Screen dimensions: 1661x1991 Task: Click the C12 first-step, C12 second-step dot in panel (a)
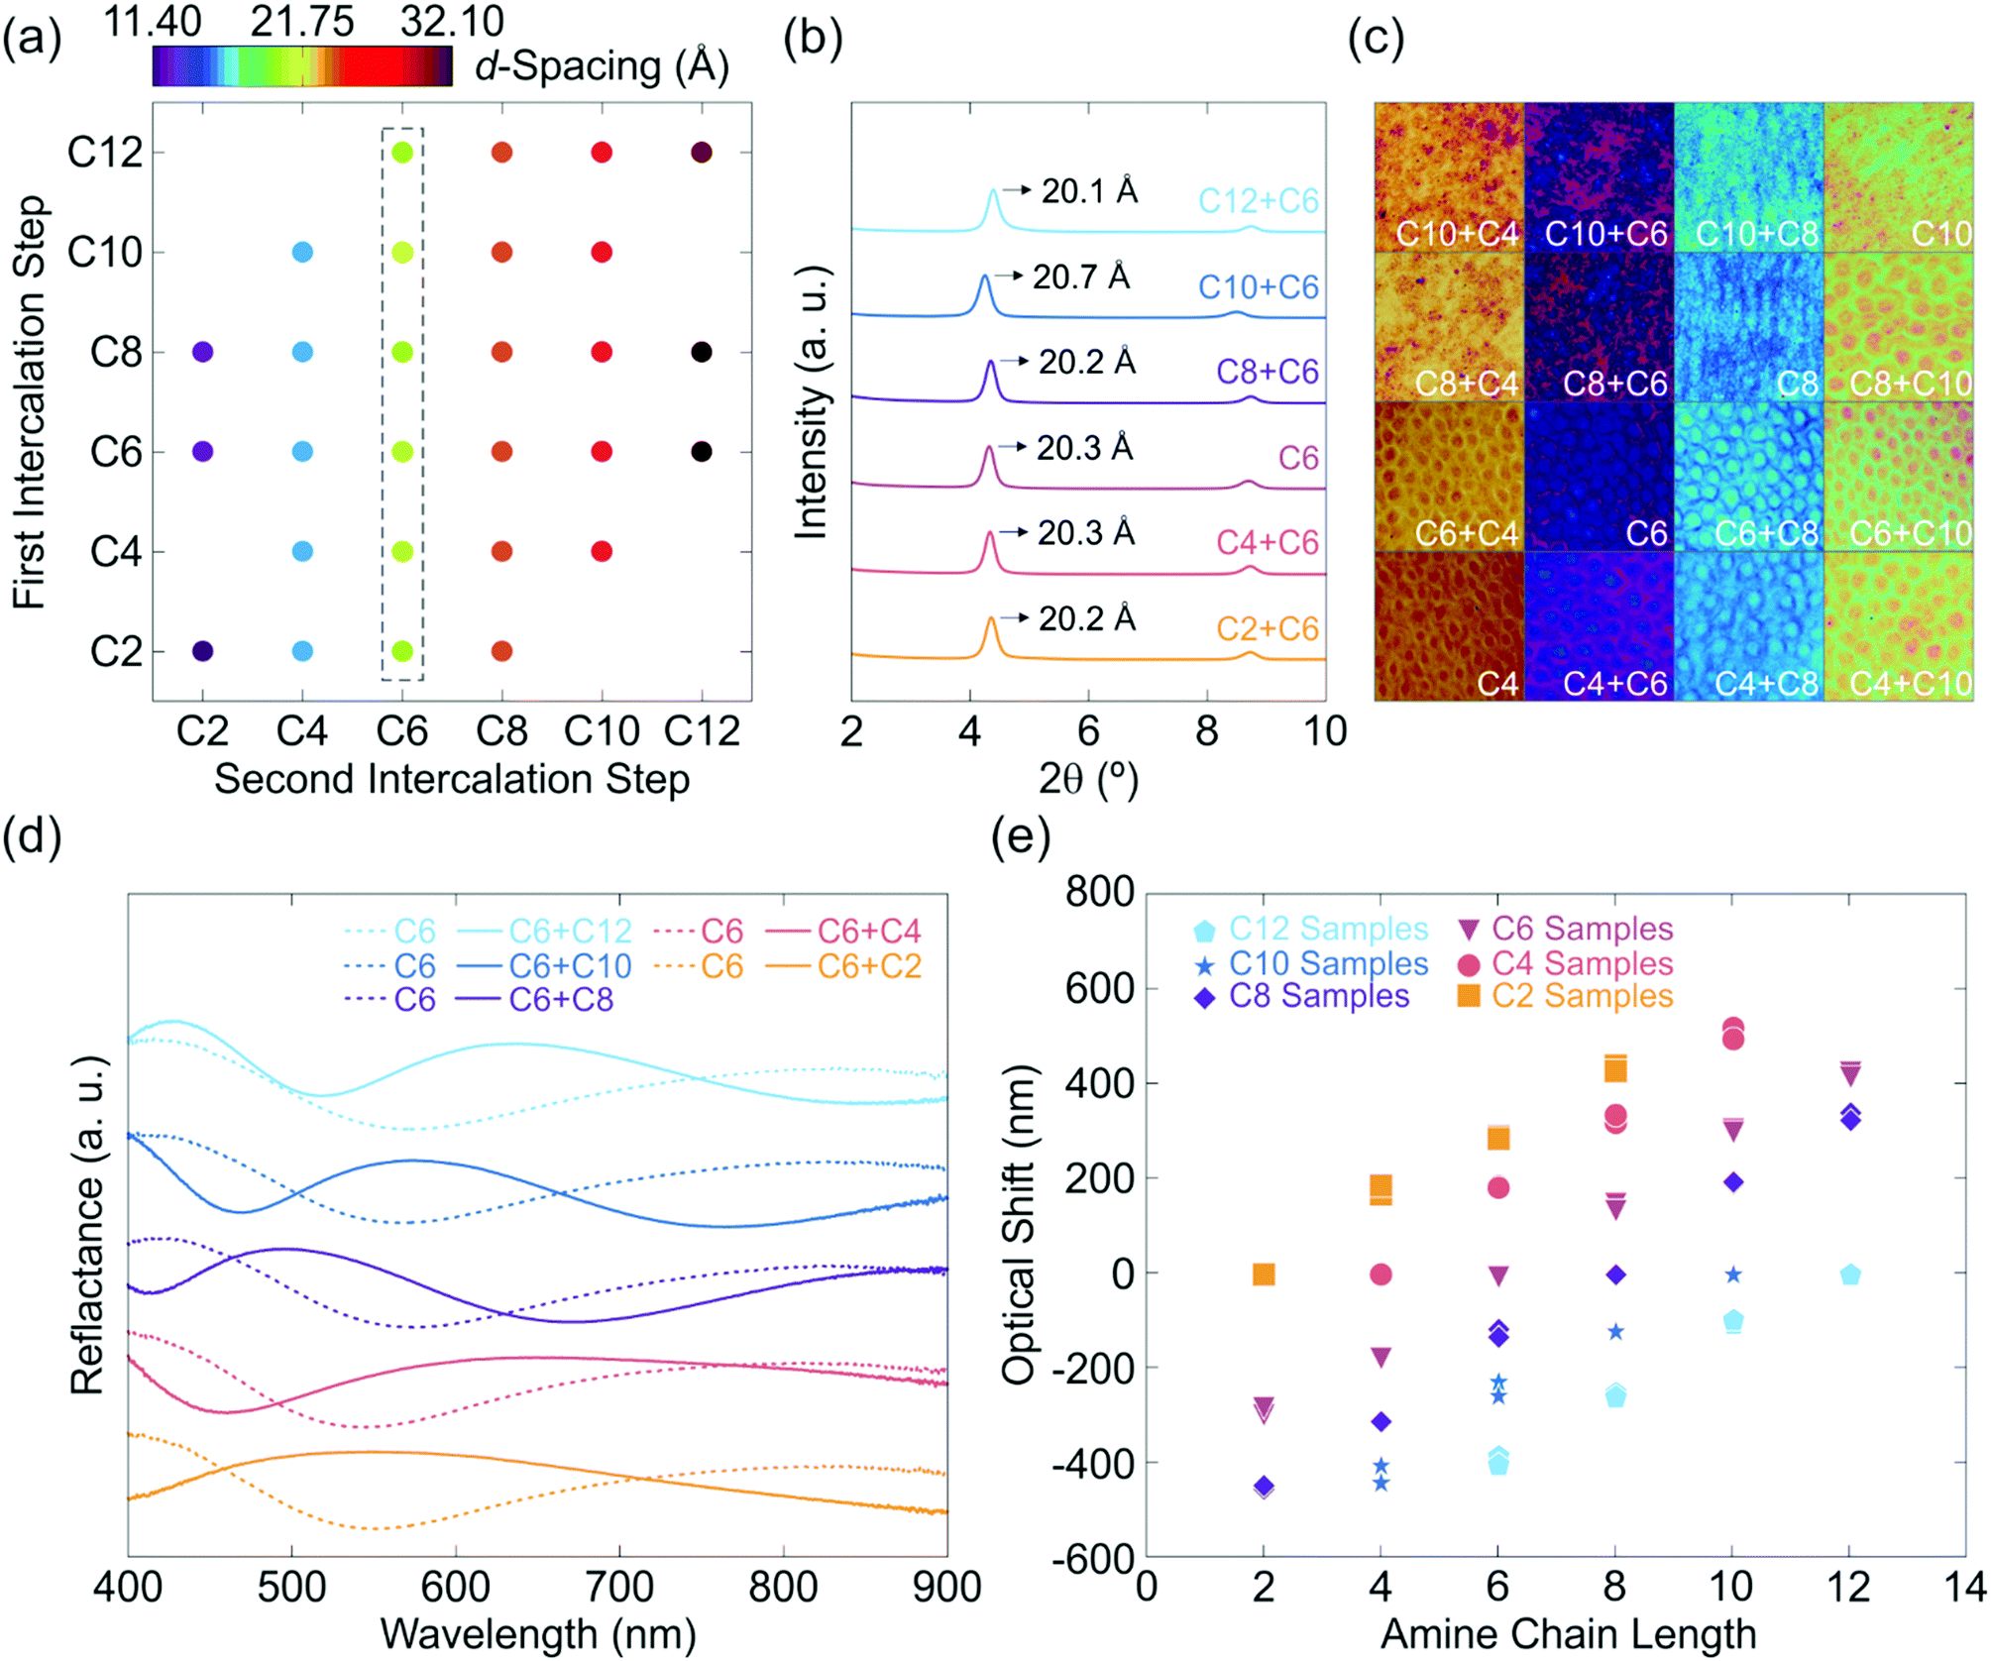tap(701, 153)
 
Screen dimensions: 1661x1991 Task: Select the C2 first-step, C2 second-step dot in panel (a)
tap(202, 651)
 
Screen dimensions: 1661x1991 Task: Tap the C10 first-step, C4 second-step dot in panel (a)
tap(302, 252)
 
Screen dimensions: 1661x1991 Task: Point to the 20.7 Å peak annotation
tap(1080, 277)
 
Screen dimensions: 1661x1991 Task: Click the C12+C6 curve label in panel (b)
tap(1258, 201)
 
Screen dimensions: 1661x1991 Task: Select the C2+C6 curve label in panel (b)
tap(1267, 628)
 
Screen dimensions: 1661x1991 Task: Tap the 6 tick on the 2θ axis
tap(1087, 732)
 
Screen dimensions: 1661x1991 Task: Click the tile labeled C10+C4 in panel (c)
tap(1449, 176)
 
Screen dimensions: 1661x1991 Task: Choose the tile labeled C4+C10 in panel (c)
tap(1898, 626)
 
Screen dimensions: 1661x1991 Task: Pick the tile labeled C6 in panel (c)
tap(1599, 477)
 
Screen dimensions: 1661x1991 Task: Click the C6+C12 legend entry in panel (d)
tap(570, 932)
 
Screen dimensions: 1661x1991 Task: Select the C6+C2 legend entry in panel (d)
tap(869, 966)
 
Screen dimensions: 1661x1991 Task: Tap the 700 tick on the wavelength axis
tap(619, 1587)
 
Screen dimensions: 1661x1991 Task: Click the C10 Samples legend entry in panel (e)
tap(1327, 963)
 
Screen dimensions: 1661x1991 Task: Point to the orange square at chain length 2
tap(1263, 1274)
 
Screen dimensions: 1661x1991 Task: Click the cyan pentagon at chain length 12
tap(1849, 1274)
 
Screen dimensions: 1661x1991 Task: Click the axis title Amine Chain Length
tap(1568, 1634)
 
